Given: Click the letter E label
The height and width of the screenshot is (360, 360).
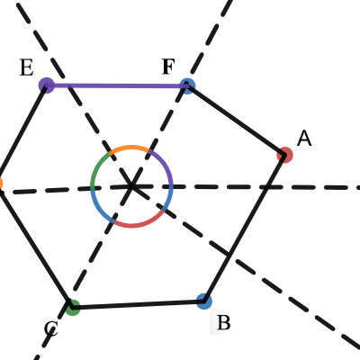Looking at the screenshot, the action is tap(26, 67).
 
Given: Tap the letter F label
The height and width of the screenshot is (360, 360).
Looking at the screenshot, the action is tap(168, 67).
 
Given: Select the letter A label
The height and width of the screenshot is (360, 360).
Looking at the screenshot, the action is tap(304, 139).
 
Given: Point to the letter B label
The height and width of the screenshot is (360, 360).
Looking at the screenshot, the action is tap(224, 322).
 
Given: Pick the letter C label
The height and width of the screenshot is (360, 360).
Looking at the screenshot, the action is tap(50, 328).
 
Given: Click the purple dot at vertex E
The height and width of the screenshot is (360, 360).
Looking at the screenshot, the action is tap(47, 85).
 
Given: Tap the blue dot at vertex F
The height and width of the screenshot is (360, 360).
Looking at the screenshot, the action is tap(187, 86).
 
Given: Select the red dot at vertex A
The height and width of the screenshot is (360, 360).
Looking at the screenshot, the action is tap(284, 155).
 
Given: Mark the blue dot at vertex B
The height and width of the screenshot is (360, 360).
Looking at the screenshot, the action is tap(204, 301).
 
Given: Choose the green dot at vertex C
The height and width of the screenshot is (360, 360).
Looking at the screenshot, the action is tap(72, 307).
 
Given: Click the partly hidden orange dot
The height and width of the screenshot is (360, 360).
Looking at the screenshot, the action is tap(0, 184).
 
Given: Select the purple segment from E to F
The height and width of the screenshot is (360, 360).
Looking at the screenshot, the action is tap(117, 85).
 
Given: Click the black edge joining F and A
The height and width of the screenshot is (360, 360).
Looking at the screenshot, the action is tap(236, 121).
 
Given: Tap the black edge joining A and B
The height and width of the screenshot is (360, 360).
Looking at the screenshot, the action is tap(244, 228).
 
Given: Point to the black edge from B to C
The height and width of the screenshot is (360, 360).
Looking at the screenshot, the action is tap(138, 304).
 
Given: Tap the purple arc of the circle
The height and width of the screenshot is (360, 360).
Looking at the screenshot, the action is tap(166, 165).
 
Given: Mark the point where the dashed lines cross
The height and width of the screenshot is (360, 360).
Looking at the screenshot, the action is tap(131, 186).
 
